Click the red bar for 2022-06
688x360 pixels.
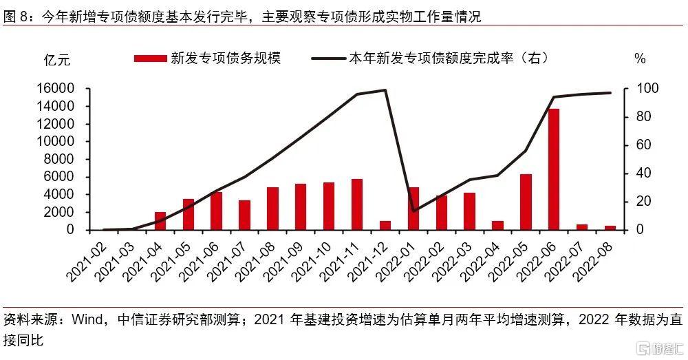click(554, 169)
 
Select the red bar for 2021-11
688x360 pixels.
click(356, 204)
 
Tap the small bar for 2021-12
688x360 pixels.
click(385, 225)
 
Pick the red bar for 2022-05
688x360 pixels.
click(526, 202)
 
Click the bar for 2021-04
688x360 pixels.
click(160, 221)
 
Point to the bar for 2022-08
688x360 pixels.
click(610, 228)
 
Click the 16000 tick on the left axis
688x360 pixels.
click(55, 89)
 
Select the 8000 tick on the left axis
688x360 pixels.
click(58, 160)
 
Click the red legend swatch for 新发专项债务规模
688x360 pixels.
click(150, 59)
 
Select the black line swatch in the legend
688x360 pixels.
click(328, 59)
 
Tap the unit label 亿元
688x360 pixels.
click(57, 59)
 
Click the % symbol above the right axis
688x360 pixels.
click(640, 59)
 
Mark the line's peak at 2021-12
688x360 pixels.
click(385, 90)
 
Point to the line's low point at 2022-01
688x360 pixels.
click(413, 211)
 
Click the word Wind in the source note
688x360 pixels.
click(87, 319)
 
